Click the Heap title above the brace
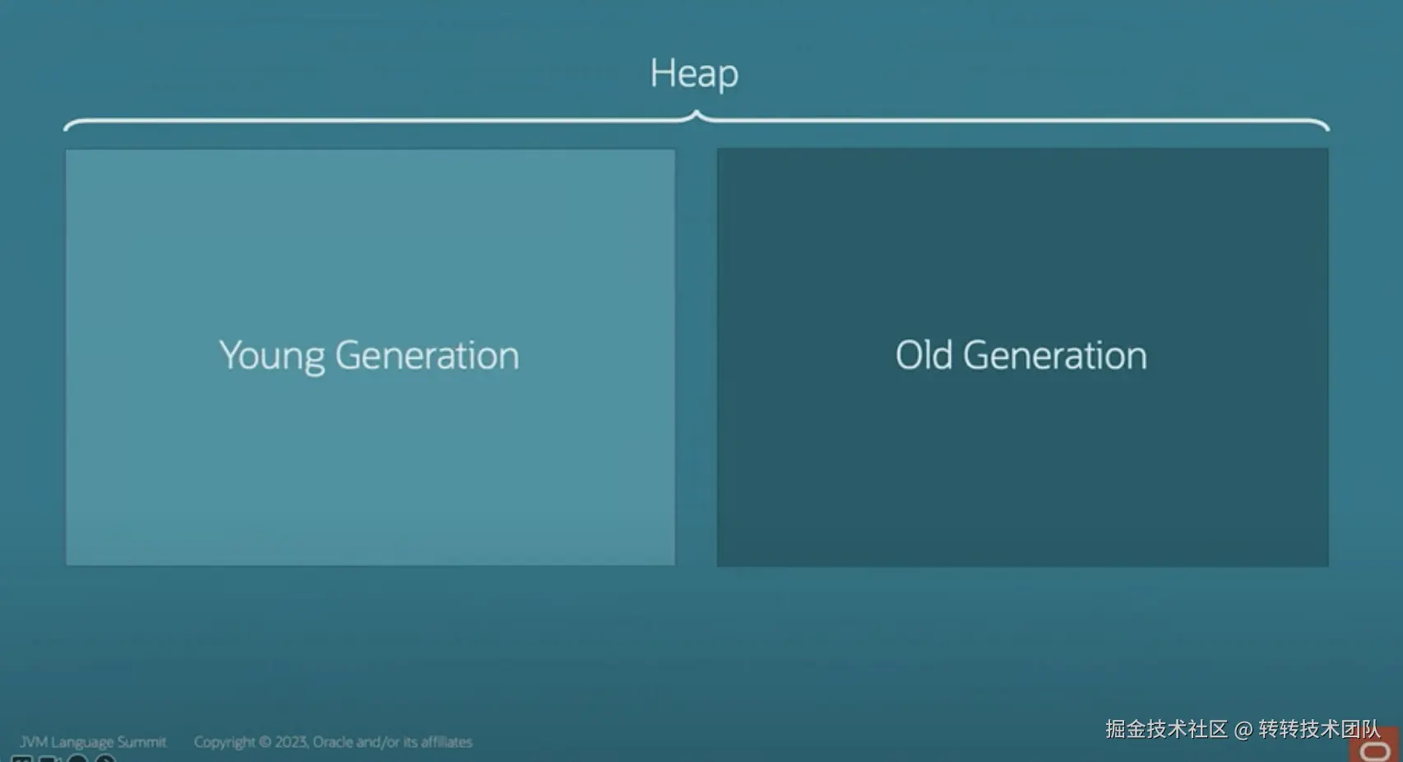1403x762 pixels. pyautogui.click(x=694, y=74)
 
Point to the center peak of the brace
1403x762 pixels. pyautogui.click(x=696, y=112)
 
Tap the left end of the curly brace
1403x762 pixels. pyautogui.click(x=65, y=129)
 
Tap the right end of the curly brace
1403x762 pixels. pyautogui.click(x=1328, y=129)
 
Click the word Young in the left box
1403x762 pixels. pyautogui.click(x=272, y=356)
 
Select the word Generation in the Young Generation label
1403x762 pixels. pyautogui.click(x=427, y=355)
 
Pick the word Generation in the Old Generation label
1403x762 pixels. pyautogui.click(x=1055, y=355)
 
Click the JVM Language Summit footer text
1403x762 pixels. pyautogui.click(x=93, y=742)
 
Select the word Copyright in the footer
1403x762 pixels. pyautogui.click(x=225, y=742)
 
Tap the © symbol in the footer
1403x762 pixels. pyautogui.click(x=265, y=742)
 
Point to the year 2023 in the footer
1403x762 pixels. pyautogui.click(x=291, y=742)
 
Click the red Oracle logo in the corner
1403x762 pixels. pyautogui.click(x=1375, y=747)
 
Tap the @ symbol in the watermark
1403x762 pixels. pyautogui.click(x=1243, y=729)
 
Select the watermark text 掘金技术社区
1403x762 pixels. pyautogui.click(x=1166, y=729)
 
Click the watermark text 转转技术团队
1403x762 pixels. pyautogui.click(x=1319, y=729)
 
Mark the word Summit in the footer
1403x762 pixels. pyautogui.click(x=142, y=742)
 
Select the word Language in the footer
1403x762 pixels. pyautogui.click(x=83, y=743)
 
